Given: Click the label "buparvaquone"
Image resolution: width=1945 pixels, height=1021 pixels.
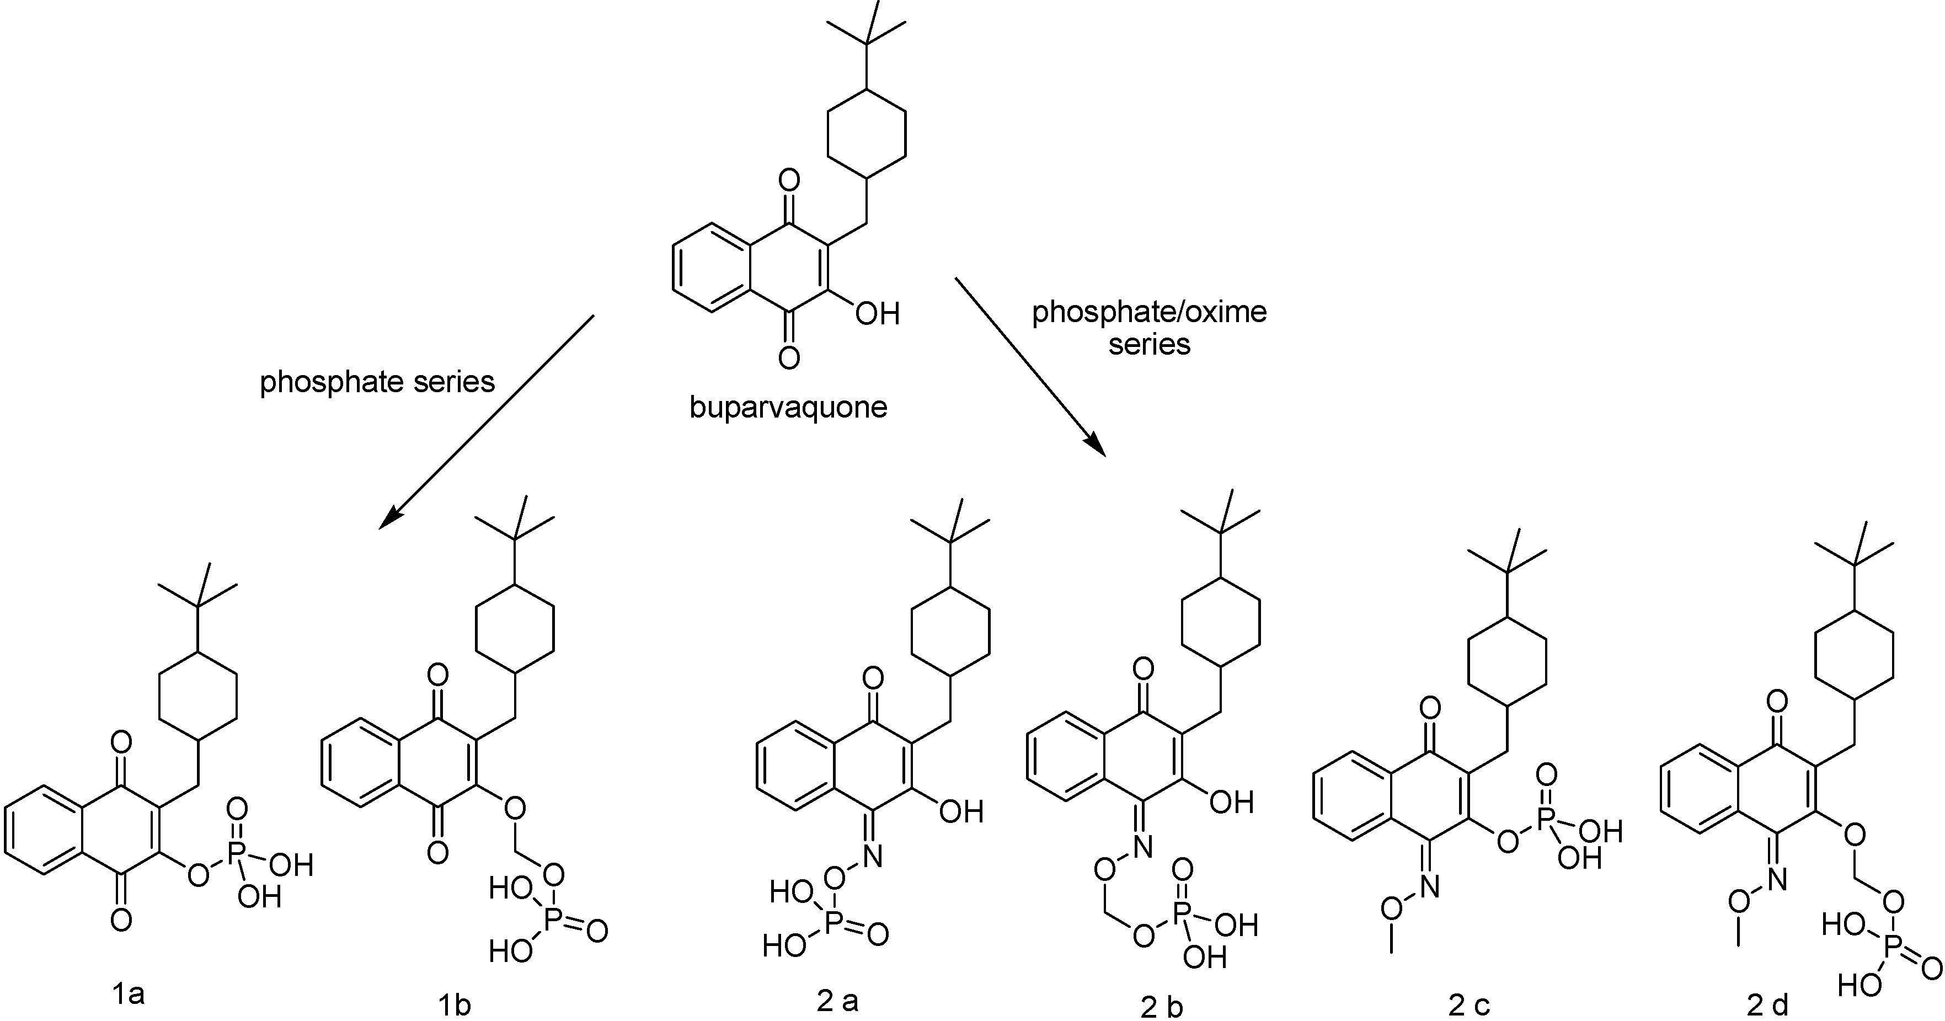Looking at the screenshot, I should (788, 408).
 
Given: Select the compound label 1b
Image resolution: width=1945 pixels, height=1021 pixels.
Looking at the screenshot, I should (454, 1005).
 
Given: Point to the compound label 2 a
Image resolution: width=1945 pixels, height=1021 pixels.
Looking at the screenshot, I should (837, 1001).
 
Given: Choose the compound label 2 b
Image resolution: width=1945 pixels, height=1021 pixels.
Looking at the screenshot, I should (1161, 1007).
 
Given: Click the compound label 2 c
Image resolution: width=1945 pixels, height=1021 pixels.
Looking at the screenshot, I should (1470, 1005).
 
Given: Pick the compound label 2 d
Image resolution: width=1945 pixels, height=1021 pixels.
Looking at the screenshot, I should (1767, 1005).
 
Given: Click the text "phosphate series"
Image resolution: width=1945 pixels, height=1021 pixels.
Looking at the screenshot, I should (377, 382).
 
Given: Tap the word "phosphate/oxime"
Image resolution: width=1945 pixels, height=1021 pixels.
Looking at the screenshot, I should (1149, 312).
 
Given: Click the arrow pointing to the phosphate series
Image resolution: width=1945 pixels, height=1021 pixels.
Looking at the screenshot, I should (487, 421).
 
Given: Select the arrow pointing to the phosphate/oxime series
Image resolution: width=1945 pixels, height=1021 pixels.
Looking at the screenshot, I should (1030, 367).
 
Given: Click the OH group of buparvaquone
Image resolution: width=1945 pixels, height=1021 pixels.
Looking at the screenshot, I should (878, 313).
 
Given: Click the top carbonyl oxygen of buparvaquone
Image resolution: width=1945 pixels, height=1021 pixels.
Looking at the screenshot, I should (789, 180).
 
